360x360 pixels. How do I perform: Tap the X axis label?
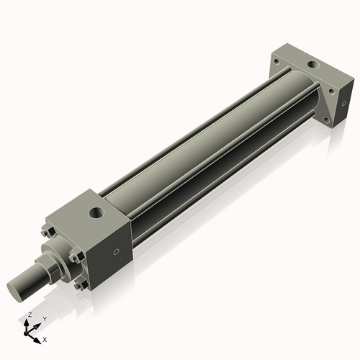[x=45, y=338]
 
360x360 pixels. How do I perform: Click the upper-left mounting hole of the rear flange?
[x=276, y=63]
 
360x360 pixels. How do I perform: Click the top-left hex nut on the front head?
[x=46, y=232]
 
